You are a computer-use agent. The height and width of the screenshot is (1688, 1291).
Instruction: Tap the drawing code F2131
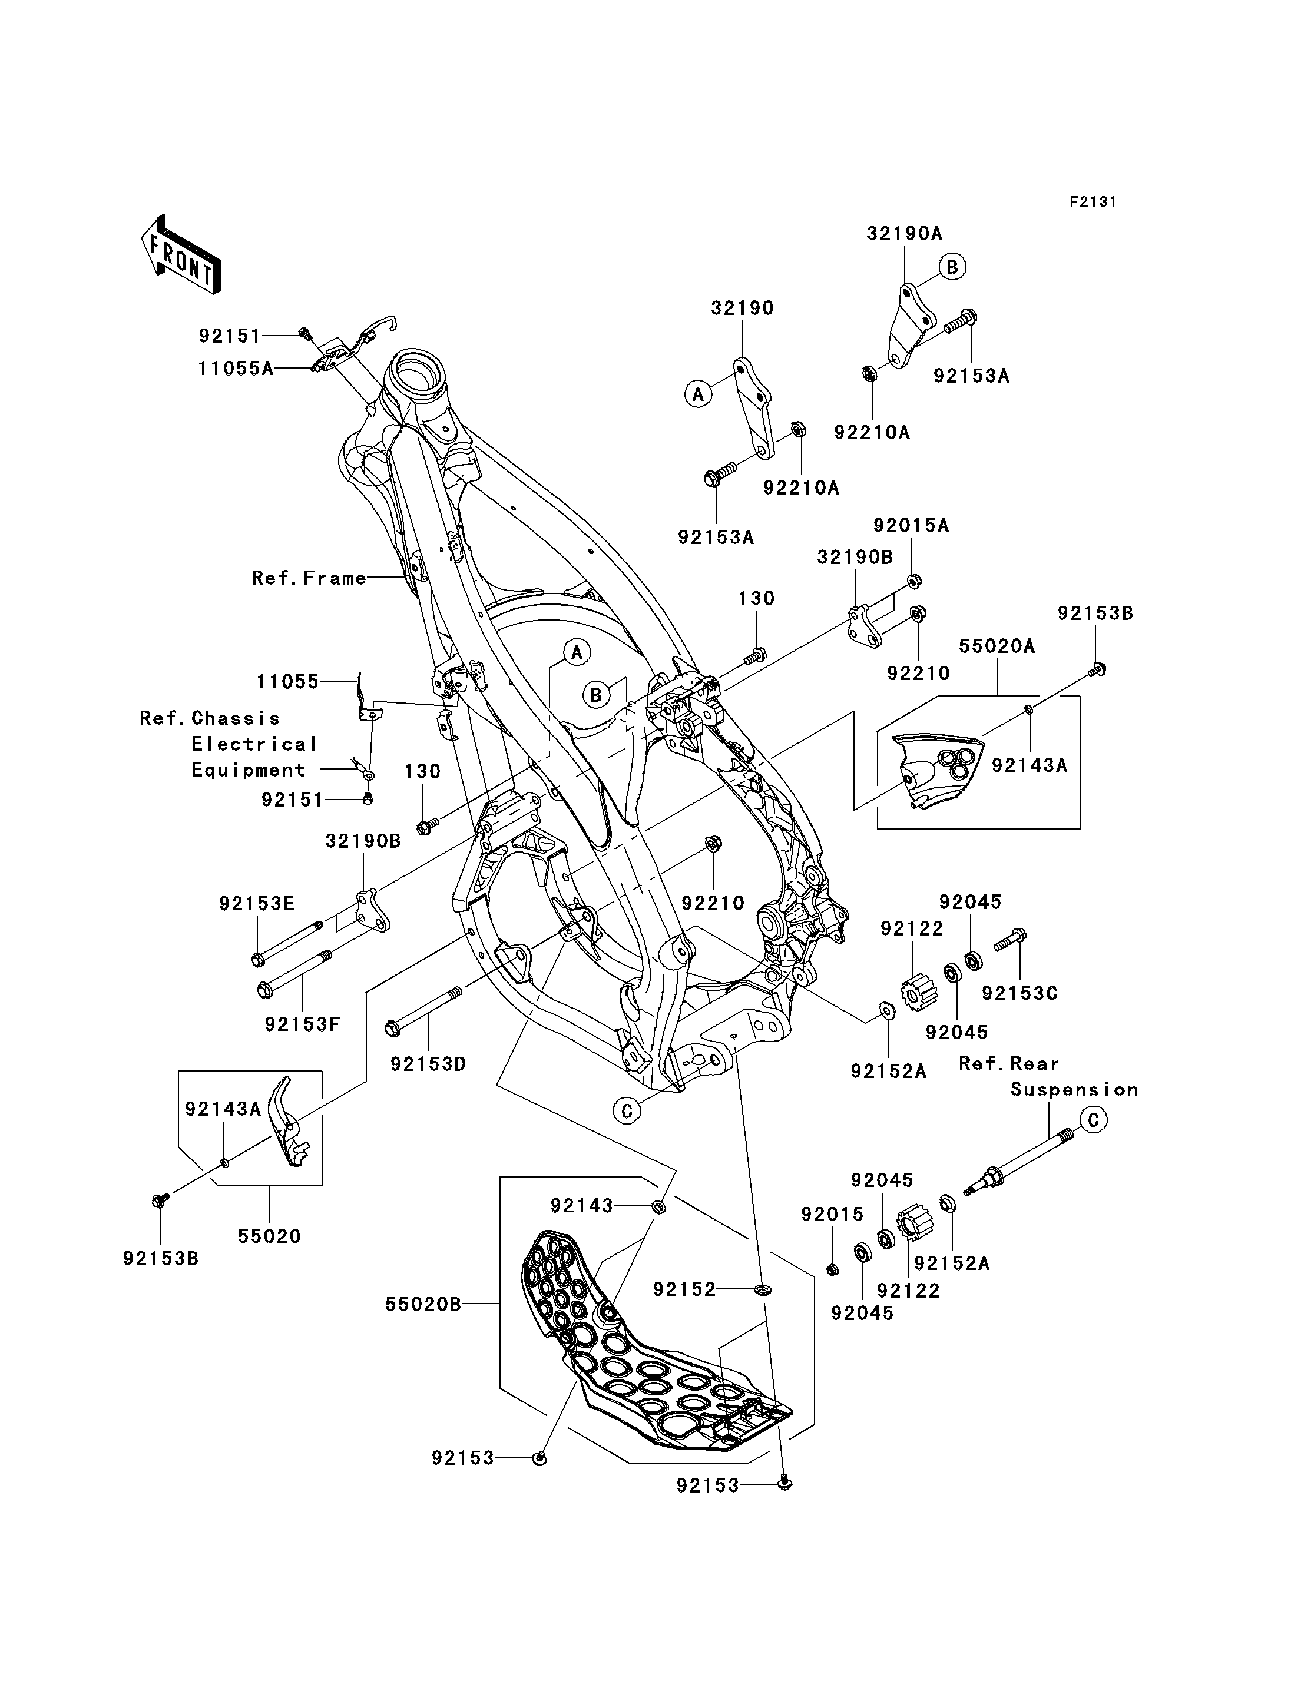click(x=1093, y=202)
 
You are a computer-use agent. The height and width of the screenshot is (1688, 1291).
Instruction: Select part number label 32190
click(x=742, y=308)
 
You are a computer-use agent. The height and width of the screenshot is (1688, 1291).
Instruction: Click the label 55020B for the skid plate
click(x=423, y=1305)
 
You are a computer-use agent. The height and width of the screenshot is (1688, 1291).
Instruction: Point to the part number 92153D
click(x=428, y=1064)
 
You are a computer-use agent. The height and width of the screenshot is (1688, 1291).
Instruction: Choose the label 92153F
click(x=302, y=1024)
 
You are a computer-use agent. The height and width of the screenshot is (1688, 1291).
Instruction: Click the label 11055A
click(x=236, y=368)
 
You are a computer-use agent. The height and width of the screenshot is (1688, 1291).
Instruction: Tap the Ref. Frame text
click(x=309, y=578)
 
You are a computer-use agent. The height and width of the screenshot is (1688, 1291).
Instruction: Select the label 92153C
click(x=1019, y=993)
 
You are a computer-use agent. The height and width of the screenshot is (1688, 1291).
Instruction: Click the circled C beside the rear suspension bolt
click(x=1094, y=1121)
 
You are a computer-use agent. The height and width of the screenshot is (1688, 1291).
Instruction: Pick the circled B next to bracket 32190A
click(x=952, y=267)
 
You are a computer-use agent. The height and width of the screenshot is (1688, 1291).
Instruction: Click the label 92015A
click(x=911, y=526)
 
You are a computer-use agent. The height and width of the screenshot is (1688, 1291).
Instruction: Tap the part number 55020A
click(x=997, y=646)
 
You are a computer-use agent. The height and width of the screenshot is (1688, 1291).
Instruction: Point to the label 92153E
click(x=257, y=904)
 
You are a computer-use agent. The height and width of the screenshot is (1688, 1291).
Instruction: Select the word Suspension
click(x=1074, y=1089)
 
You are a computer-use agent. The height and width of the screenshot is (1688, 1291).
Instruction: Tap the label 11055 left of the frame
click(x=287, y=682)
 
